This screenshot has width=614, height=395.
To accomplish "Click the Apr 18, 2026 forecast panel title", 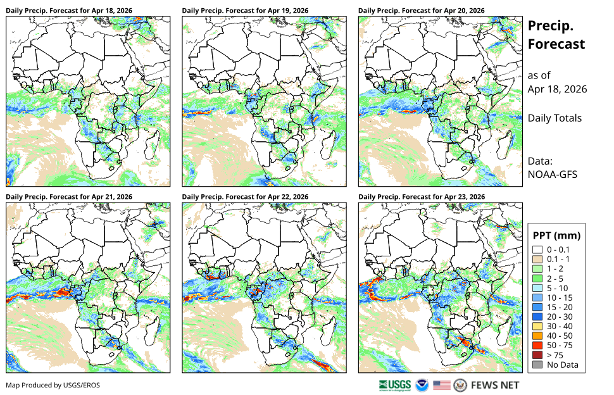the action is (x=69, y=11).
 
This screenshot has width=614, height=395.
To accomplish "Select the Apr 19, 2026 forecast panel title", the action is (x=245, y=11).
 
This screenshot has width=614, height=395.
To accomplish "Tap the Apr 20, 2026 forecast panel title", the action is (x=422, y=11).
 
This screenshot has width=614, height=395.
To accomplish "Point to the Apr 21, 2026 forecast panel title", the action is (x=69, y=197).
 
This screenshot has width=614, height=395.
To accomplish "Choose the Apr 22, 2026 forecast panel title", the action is (x=245, y=197).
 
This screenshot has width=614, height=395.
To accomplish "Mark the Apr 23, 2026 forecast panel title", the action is (x=422, y=197).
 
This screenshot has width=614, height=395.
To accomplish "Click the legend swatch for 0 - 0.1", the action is (x=537, y=250).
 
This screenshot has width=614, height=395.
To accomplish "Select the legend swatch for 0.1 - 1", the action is (x=537, y=259).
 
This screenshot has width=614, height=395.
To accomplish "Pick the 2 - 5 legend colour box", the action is (x=537, y=279).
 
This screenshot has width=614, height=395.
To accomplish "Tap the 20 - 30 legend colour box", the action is (x=537, y=317).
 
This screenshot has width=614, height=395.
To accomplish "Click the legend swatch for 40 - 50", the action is (x=537, y=336).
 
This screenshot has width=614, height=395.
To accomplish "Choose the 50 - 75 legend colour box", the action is (x=537, y=345).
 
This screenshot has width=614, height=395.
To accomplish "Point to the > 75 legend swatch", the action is (x=537, y=355).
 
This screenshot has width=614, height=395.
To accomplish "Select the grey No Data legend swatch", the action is (x=537, y=365).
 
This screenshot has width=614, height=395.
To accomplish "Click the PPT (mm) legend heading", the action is (x=556, y=235).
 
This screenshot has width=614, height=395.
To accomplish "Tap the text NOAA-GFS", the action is (x=552, y=174).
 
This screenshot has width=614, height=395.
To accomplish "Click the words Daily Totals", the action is (x=554, y=118).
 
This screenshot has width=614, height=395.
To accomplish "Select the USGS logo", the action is (x=395, y=386).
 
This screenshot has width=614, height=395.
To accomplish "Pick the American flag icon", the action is (x=442, y=386).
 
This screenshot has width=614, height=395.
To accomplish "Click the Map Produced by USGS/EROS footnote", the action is (x=53, y=386).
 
